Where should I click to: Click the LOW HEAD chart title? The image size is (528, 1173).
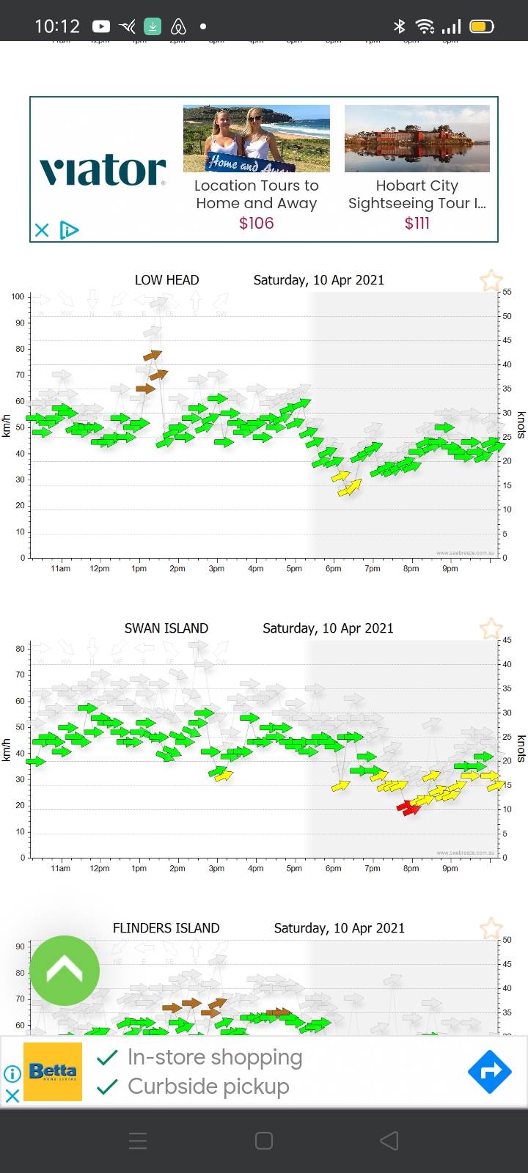(166, 280)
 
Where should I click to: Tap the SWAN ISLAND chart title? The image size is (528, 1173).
(166, 628)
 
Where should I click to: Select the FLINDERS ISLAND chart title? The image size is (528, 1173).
(166, 928)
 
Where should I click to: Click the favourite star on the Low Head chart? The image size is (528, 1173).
(491, 280)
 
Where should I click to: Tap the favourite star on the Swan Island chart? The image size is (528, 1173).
(491, 629)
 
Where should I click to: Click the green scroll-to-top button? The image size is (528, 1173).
(65, 971)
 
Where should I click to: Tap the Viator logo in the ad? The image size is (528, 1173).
(103, 170)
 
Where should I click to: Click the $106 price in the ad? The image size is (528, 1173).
(256, 223)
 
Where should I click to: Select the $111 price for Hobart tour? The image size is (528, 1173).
(417, 223)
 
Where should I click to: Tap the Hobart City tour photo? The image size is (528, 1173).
(417, 139)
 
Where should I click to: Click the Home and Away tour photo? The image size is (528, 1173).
(256, 139)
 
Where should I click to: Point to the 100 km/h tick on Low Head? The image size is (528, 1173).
(18, 297)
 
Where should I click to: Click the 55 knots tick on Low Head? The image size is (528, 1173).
(507, 292)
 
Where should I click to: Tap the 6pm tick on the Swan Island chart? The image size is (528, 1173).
(333, 868)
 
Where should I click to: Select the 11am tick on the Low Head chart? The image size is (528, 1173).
(60, 568)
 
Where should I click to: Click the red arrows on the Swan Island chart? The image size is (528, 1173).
(408, 807)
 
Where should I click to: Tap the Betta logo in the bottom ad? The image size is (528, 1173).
(53, 1072)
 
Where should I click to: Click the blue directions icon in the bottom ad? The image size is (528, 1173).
(489, 1072)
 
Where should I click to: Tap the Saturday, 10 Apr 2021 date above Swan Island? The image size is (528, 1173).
(328, 628)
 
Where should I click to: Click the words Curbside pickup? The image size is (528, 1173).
(208, 1086)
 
